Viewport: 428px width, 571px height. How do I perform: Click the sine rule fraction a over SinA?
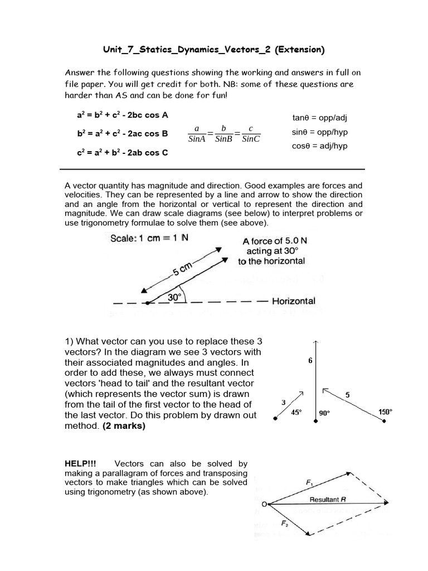tap(197, 134)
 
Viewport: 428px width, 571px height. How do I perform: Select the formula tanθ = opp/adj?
tap(320, 118)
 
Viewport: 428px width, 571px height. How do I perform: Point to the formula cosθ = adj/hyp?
tap(320, 146)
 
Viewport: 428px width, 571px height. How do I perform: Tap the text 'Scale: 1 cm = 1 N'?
tap(149, 238)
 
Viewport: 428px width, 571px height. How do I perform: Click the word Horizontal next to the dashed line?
tap(294, 301)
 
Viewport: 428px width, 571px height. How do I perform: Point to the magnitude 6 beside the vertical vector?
tap(310, 361)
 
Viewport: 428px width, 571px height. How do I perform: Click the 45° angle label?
tap(297, 413)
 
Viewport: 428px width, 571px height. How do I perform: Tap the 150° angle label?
tap(385, 412)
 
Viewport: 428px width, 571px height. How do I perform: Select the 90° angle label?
tap(324, 413)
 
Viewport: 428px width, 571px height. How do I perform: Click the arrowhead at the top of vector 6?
tap(316, 342)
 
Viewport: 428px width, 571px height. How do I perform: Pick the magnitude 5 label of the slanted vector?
tap(348, 395)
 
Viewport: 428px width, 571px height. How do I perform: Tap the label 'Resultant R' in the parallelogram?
tap(328, 500)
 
